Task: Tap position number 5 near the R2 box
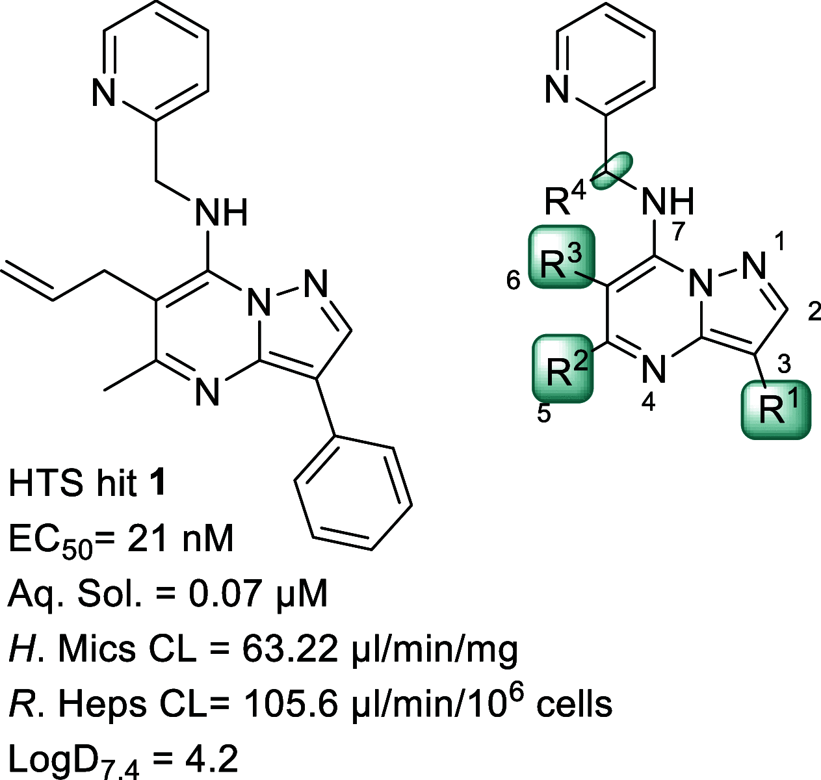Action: point(544,413)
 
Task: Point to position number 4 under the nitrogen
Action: point(647,403)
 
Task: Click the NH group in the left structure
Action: point(222,213)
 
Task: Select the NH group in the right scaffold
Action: point(668,201)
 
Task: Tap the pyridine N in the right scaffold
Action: point(558,88)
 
